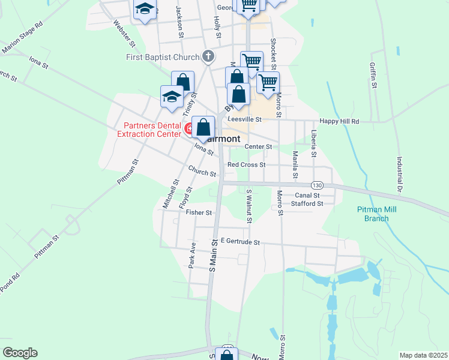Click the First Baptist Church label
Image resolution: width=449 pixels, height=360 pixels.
162,58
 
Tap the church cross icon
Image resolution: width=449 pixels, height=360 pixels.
208,57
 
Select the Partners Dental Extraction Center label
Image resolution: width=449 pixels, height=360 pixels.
152,130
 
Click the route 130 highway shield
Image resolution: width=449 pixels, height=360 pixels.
318,185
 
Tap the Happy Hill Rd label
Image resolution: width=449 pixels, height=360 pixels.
339,121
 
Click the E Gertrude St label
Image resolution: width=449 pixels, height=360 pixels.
240,242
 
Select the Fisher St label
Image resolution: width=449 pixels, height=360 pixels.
199,212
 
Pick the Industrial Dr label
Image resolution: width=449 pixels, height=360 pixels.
399,175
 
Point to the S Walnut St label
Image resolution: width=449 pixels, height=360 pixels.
249,205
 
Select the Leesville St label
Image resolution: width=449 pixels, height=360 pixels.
242,119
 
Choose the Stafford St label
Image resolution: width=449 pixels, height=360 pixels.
307,203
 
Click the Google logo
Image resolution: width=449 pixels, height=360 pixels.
20,353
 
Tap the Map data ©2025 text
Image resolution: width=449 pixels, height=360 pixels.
423,355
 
